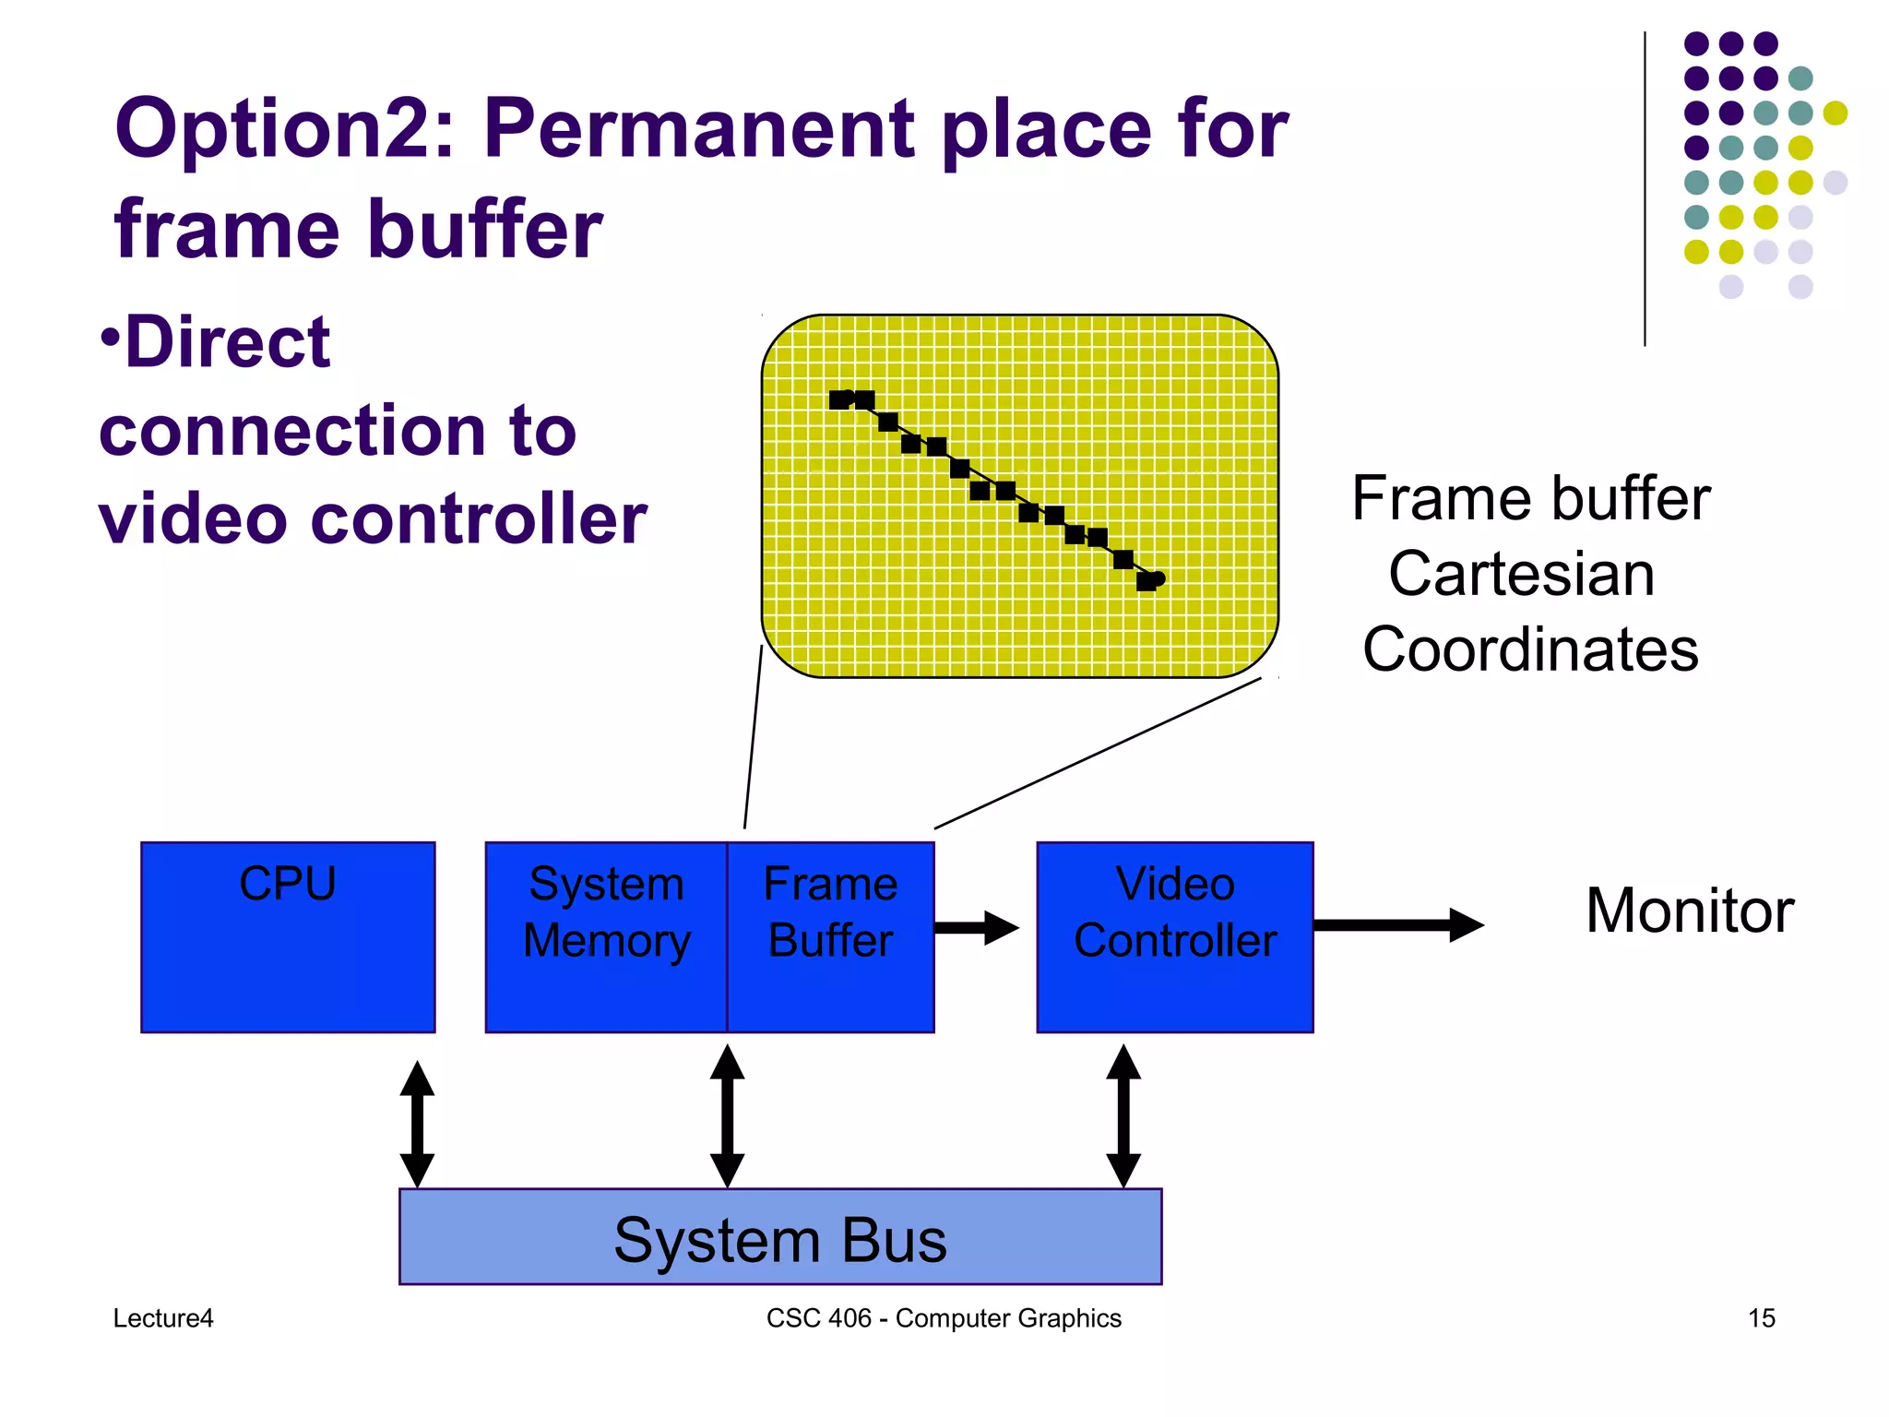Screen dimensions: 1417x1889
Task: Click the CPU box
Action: click(x=288, y=936)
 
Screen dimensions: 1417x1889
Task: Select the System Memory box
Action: click(x=606, y=936)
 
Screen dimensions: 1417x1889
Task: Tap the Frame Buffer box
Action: click(x=830, y=936)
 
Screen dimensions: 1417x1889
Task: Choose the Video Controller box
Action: click(x=1174, y=936)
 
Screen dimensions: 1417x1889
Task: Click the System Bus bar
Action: click(x=780, y=1237)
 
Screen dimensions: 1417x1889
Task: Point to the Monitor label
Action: click(x=1690, y=911)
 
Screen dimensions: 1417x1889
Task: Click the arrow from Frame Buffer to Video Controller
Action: click(x=976, y=927)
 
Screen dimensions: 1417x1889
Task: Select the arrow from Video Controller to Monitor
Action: click(x=1397, y=924)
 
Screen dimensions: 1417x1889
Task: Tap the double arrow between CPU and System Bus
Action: click(x=417, y=1124)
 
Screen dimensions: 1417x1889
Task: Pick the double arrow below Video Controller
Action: click(x=1123, y=1116)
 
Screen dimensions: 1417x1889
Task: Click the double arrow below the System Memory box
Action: click(x=727, y=1116)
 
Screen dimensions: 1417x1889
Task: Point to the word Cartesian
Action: click(x=1522, y=574)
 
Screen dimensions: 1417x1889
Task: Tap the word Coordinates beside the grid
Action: click(x=1530, y=649)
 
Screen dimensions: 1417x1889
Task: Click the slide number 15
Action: click(x=1761, y=1318)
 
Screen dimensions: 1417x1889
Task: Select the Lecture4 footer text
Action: click(x=163, y=1318)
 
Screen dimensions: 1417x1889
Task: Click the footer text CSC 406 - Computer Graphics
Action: click(x=944, y=1318)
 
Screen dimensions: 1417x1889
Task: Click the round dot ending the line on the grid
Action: click(x=1158, y=578)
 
